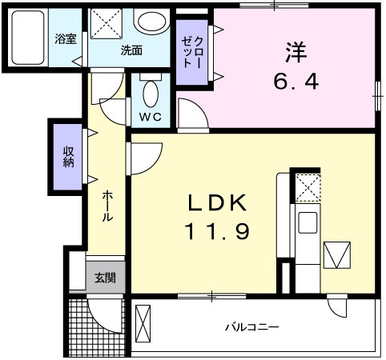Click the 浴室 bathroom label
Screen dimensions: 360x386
66,39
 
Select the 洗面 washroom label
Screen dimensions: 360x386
131,50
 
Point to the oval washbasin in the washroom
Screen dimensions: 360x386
148,22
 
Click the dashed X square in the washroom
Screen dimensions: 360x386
104,23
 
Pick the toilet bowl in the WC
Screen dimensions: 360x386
150,94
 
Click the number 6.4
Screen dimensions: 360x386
293,81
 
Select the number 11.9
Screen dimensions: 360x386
219,233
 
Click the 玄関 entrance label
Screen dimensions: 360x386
105,278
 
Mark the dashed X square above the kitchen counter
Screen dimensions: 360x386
306,187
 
